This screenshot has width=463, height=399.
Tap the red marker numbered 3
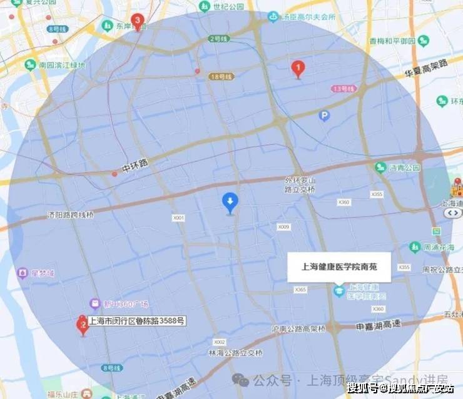tap(138, 21)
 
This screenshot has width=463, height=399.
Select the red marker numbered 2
tap(81, 325)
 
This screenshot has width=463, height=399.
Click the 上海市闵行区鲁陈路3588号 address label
tap(137, 321)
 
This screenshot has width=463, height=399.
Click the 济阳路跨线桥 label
tap(70, 214)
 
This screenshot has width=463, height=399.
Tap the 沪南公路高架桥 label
tap(296, 328)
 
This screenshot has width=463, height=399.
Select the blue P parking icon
tap(323, 115)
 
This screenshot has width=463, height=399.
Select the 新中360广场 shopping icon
tap(95, 304)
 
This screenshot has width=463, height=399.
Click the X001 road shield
tap(180, 218)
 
